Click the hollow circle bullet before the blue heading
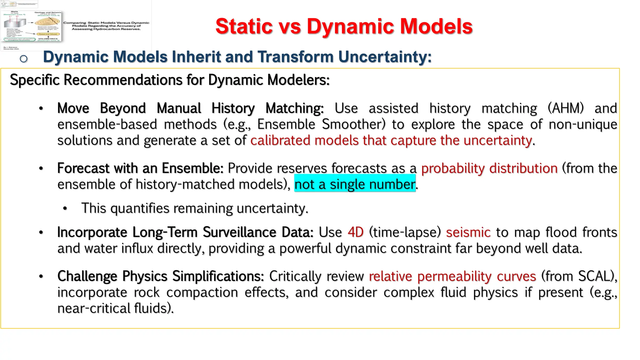[x=23, y=58]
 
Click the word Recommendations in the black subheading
[x=124, y=80]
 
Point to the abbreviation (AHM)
[x=566, y=108]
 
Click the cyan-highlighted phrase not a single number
[x=355, y=184]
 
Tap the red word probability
[x=453, y=168]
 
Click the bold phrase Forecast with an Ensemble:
[x=140, y=168]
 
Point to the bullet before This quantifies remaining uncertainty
[x=65, y=208]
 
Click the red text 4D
[x=356, y=232]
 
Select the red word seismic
[x=468, y=232]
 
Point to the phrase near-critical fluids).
[x=115, y=308]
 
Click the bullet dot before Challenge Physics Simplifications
[x=41, y=277]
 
